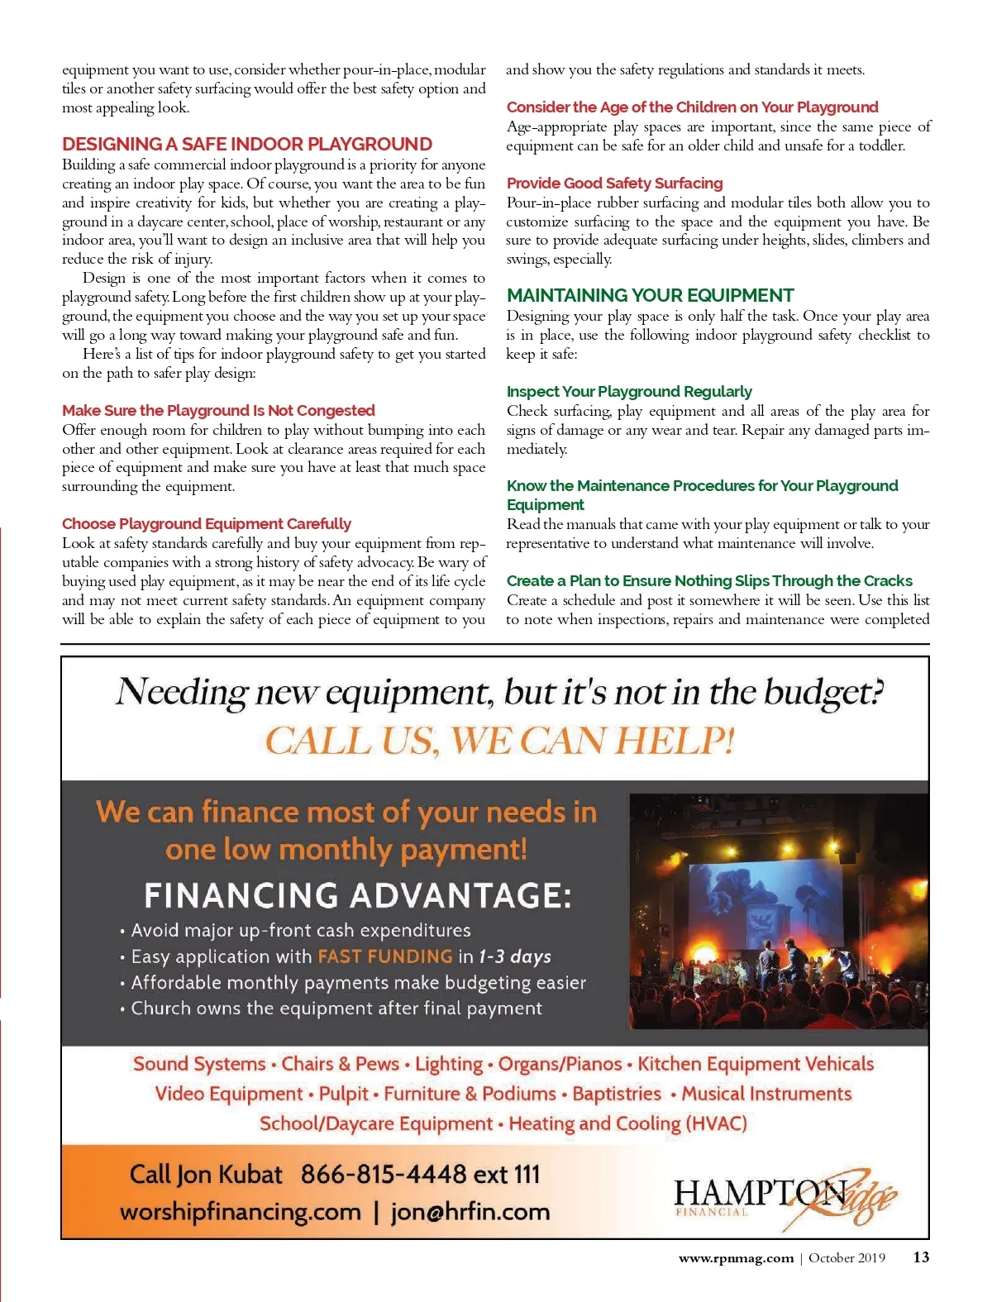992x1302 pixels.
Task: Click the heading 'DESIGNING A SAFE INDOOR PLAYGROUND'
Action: (247, 144)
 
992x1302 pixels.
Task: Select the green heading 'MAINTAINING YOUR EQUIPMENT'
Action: (650, 295)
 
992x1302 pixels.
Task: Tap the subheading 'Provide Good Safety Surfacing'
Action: (614, 183)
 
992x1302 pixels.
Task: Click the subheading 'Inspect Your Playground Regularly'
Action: (629, 391)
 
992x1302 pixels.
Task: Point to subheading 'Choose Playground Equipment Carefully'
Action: (207, 523)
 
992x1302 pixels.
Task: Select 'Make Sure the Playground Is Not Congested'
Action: (218, 410)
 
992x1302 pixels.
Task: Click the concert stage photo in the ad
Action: (778, 911)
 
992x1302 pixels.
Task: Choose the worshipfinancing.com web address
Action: (241, 1212)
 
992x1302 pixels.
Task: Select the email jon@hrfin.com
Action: (470, 1212)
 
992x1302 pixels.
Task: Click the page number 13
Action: (921, 1257)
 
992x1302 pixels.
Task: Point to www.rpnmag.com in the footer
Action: (736, 1258)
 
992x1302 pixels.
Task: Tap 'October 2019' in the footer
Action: (847, 1258)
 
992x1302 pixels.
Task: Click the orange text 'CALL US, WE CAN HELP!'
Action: (499, 740)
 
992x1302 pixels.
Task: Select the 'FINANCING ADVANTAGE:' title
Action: (357, 895)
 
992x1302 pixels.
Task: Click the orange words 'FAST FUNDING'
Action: (385, 956)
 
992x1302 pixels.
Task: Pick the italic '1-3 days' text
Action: (515, 956)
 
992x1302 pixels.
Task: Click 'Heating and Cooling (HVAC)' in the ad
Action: (627, 1123)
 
